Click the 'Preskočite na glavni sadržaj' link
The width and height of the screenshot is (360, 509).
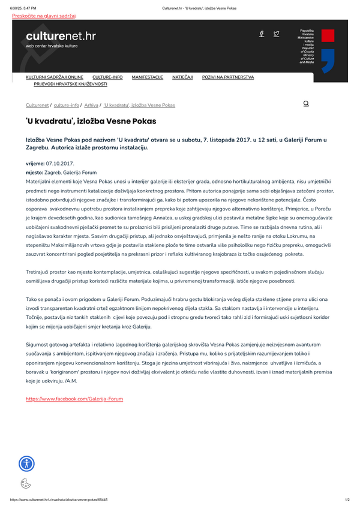48,16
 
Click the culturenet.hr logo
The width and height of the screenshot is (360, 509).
60,39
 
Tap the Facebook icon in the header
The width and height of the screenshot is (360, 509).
262,34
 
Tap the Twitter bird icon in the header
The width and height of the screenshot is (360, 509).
277,34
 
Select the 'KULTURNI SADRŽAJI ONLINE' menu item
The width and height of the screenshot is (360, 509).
54,77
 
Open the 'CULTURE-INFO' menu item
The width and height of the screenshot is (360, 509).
107,77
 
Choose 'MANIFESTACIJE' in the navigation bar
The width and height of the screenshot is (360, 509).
147,77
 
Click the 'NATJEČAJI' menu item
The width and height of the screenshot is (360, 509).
182,77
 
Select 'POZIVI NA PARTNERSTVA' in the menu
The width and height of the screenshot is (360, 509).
228,77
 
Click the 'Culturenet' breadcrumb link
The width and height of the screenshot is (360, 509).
37,105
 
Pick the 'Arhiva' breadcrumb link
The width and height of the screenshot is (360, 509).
91,105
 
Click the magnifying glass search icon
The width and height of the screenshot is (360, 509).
306,104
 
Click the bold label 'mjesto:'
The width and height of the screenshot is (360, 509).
35,172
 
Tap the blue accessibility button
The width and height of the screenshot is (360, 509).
27,463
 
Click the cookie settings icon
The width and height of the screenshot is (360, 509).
26,483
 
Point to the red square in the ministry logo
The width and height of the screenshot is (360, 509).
328,35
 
